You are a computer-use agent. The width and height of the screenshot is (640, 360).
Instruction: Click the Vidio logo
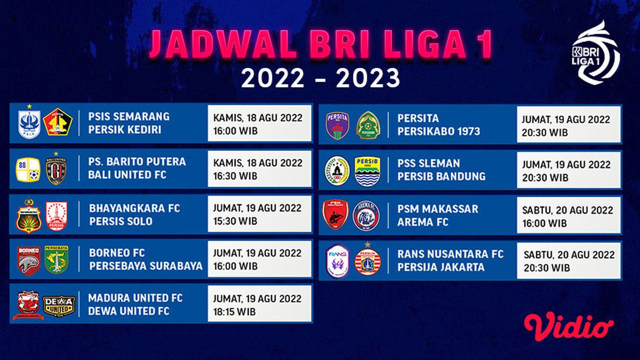(569, 325)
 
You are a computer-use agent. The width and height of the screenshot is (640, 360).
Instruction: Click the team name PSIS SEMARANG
(130, 116)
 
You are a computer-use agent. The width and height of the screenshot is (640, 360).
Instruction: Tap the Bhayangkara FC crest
(29, 215)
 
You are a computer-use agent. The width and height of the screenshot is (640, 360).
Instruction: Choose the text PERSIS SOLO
(121, 221)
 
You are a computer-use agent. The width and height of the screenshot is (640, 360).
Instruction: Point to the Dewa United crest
(59, 305)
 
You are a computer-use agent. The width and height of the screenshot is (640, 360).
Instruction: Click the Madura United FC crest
(28, 305)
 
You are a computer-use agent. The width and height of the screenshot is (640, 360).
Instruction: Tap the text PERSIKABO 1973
(438, 131)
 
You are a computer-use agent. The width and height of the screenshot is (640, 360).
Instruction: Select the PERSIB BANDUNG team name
(441, 176)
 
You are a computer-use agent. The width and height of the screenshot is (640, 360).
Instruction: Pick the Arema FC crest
(365, 216)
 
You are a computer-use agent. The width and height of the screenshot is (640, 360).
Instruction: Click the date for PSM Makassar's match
(567, 211)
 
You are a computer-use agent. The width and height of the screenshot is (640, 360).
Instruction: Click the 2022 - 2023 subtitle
(320, 79)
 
